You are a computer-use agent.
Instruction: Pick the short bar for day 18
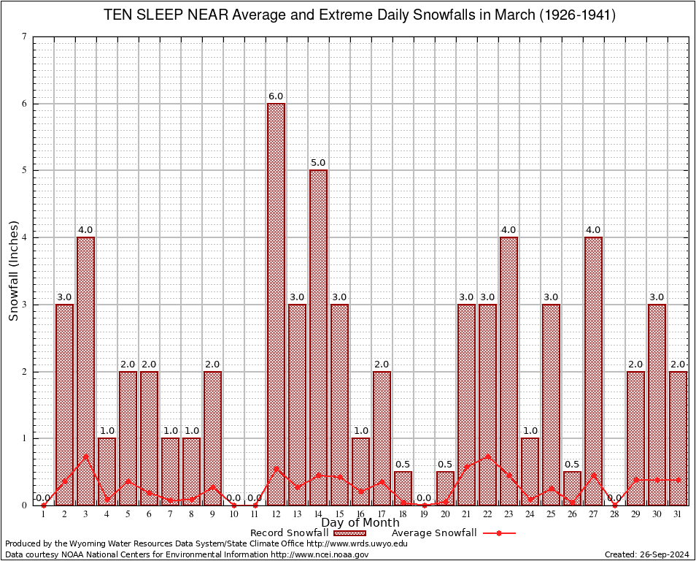(403, 489)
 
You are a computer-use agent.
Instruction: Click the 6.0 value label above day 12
(276, 96)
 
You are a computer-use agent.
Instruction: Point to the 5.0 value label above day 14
(318, 163)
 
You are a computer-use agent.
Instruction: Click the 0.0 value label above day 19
(424, 498)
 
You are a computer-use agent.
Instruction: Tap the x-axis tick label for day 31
(678, 515)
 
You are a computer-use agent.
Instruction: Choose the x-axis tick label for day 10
(233, 515)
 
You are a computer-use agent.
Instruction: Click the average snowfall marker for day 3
(85, 457)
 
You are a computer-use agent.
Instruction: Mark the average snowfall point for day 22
(487, 457)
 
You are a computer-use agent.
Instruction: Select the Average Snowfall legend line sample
(499, 533)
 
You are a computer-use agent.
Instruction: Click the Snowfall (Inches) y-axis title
(14, 270)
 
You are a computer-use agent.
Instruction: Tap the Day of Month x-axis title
(360, 523)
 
